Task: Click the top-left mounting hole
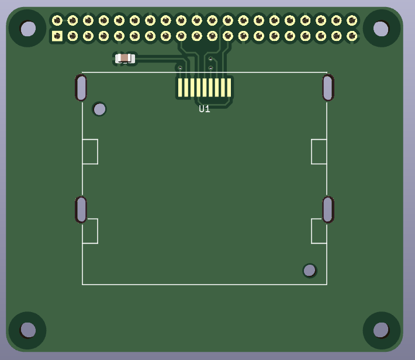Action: [27, 28]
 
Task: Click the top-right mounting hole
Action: [381, 28]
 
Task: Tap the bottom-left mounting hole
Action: [27, 330]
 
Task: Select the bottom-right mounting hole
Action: [381, 330]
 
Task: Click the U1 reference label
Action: [204, 109]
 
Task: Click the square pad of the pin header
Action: [57, 36]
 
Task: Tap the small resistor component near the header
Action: [125, 58]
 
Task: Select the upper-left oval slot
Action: [81, 88]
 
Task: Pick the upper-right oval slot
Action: [328, 88]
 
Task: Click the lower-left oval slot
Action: [81, 209]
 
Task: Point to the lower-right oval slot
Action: [328, 209]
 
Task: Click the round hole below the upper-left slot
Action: [99, 109]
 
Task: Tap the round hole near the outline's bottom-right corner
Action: [309, 270]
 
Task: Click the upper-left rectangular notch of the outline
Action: [90, 151]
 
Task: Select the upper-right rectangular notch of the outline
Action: [319, 151]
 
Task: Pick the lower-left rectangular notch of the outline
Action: [90, 231]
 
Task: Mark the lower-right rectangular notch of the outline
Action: [319, 231]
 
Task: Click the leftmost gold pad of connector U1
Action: [180, 88]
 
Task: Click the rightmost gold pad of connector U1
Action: [229, 88]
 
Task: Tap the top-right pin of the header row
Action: [352, 20]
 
